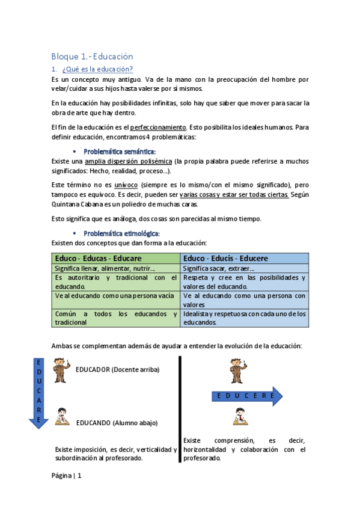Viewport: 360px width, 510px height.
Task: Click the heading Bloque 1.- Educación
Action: [x=92, y=57]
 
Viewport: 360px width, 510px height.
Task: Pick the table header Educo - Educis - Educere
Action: [x=225, y=258]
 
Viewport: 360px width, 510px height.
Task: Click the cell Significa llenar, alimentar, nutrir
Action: [x=105, y=268]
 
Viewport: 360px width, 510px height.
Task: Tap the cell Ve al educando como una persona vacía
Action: [x=114, y=296]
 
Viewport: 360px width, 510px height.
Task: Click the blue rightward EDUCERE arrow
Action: [x=247, y=396]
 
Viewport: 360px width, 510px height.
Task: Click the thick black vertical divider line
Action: [x=179, y=409]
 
